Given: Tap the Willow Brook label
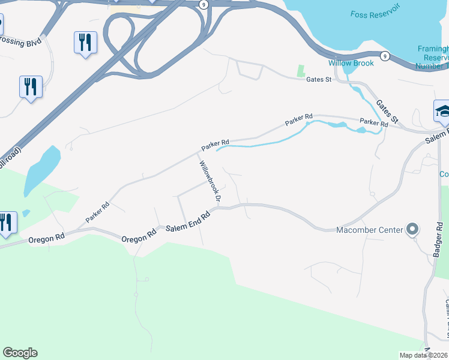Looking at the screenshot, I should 351,63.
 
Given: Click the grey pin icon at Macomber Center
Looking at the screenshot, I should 412,229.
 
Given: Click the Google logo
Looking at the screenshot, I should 20,353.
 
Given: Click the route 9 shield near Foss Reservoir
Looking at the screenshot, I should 385,56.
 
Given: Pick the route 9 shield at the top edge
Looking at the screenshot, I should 204,4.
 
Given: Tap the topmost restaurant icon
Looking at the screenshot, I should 85,43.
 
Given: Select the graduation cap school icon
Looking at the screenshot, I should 442,111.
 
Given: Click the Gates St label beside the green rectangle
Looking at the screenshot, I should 319,79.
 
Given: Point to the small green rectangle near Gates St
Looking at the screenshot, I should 301,71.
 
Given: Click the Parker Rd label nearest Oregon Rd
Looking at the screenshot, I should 97,212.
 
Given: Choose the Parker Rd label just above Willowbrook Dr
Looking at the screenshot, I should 215,145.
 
